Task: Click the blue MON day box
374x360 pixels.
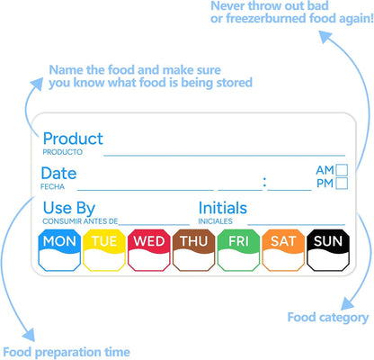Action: tap(59, 250)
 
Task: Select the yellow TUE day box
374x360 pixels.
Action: tap(104, 250)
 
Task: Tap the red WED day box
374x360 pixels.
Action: tap(149, 250)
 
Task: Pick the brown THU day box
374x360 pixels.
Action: tap(193, 250)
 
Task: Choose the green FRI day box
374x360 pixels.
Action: tap(238, 250)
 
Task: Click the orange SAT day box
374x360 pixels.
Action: tap(283, 250)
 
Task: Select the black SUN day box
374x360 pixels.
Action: tap(328, 250)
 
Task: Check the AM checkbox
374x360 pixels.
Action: tap(342, 170)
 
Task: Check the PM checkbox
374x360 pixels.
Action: tap(342, 184)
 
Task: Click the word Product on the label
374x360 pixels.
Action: tap(73, 139)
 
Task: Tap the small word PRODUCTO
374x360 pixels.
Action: tap(62, 152)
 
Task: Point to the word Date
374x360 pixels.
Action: tap(58, 174)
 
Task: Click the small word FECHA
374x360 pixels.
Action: tap(52, 186)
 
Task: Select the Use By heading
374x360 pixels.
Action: tap(69, 208)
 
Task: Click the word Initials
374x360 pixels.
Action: tap(223, 208)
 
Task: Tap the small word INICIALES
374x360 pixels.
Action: tap(215, 221)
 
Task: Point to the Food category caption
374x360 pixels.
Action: tap(328, 318)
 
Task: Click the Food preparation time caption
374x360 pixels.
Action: tap(67, 352)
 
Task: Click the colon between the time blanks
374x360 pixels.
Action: tap(264, 182)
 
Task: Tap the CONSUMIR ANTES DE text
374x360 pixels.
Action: tap(80, 221)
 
